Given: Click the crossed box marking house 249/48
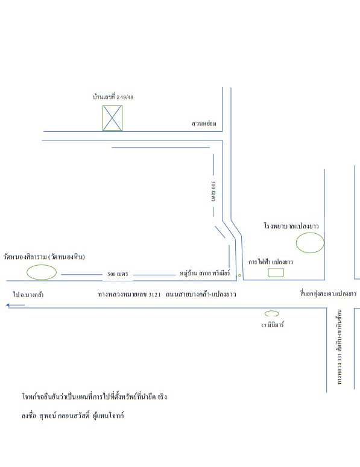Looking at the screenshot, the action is [112, 118].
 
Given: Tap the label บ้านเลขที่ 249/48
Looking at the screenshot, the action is [113, 97].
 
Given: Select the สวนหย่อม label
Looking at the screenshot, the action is [204, 124].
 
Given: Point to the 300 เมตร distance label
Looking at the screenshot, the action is [213, 191].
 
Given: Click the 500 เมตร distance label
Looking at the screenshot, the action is [118, 274].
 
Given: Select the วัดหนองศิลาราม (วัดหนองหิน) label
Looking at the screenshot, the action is [44, 257].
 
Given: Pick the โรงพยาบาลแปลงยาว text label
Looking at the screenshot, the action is [291, 226].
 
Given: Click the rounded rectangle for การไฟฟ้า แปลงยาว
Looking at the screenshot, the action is [276, 272].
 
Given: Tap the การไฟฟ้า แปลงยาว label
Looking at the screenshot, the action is [271, 262].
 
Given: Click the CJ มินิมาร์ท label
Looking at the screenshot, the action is [273, 325].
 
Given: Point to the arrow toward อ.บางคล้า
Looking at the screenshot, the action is [15, 305].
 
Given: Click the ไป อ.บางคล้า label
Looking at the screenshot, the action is [28, 295].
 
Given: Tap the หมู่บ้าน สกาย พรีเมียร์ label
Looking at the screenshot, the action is [205, 273].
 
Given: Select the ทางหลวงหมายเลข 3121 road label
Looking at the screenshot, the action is [167, 294].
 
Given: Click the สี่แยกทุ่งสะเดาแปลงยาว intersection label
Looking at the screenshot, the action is [328, 293].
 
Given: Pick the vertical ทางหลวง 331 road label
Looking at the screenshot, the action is [339, 347].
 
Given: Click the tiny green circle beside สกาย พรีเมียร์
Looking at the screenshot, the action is [239, 275].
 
